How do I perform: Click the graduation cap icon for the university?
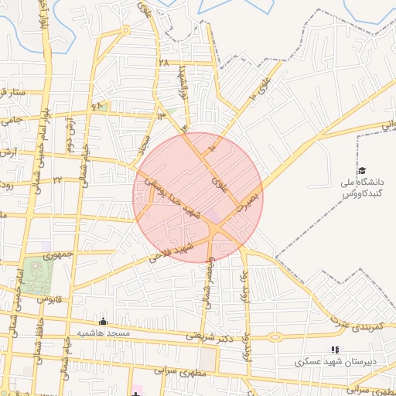362,170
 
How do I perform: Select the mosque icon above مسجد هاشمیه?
103,321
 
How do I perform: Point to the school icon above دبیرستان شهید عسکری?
335,350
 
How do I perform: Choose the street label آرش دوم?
69,131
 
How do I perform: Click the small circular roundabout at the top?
125,32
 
